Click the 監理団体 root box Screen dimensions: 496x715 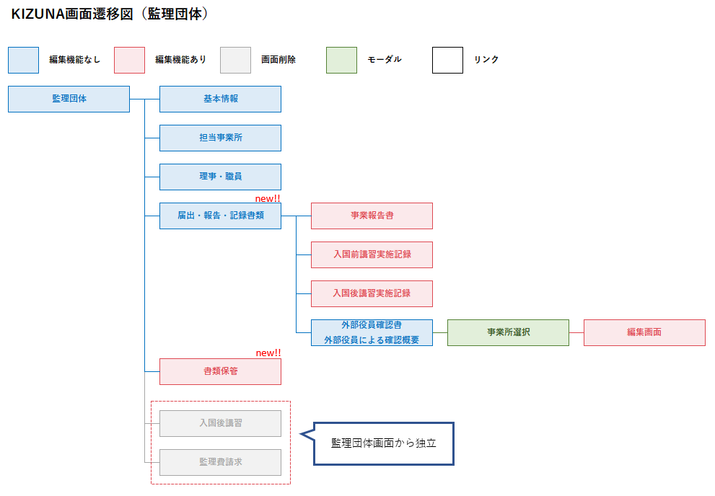click(x=69, y=99)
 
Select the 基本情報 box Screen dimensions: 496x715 click(x=220, y=99)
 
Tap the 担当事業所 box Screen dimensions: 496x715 click(x=220, y=138)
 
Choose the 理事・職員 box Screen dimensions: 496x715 click(x=220, y=177)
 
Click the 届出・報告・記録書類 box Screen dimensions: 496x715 click(x=220, y=216)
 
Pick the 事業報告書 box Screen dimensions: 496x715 click(x=372, y=216)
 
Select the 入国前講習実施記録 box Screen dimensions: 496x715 click(x=372, y=254)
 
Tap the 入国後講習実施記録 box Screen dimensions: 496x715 click(x=372, y=293)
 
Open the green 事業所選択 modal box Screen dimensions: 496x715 click(x=508, y=332)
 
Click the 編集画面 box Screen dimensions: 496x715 click(x=644, y=332)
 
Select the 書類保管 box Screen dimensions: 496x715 click(x=220, y=371)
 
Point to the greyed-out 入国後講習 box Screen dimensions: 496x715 click(x=220, y=423)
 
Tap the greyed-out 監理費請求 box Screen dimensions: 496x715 click(x=220, y=462)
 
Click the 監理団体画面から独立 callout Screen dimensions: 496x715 click(x=383, y=443)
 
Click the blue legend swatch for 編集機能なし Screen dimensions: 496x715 click(x=23, y=60)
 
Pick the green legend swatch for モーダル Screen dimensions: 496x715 click(x=341, y=60)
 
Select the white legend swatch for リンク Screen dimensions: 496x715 click(x=447, y=60)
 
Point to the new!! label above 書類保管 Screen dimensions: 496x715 click(x=268, y=353)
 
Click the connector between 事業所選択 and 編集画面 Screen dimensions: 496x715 click(x=576, y=332)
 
